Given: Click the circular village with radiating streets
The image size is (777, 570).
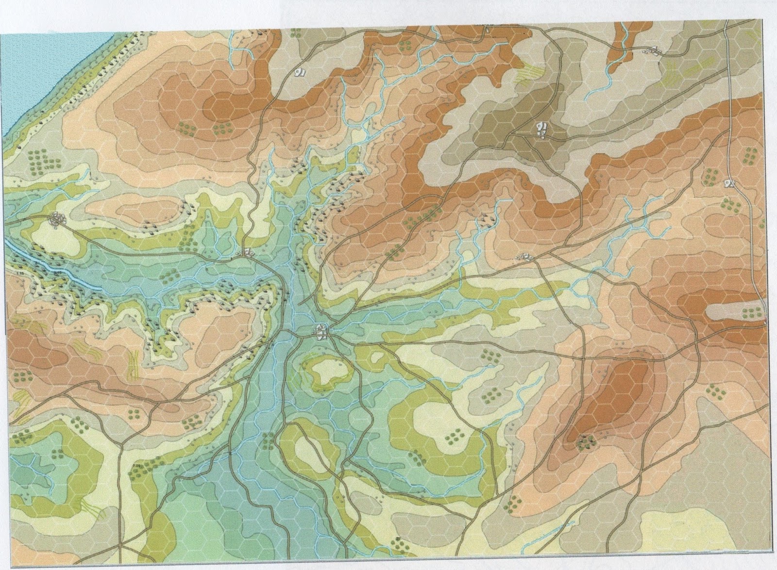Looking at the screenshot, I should pyautogui.click(x=58, y=220).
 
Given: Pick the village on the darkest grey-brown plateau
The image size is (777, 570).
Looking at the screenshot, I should pyautogui.click(x=541, y=130).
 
